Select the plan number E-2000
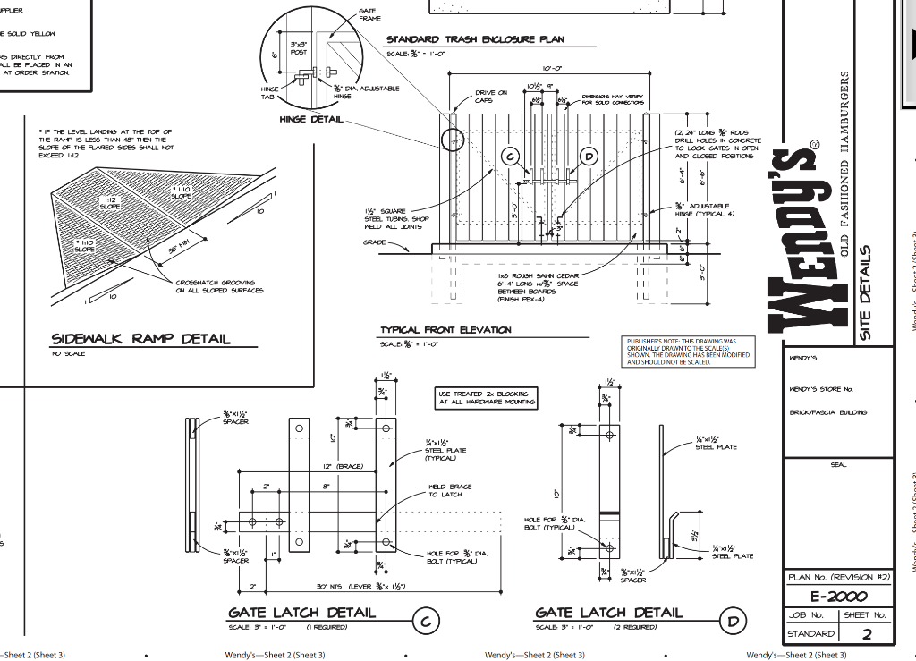click(838, 597)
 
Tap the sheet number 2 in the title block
click(866, 634)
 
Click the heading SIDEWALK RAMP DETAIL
click(140, 338)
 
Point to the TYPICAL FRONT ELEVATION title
click(445, 330)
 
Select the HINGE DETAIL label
click(310, 120)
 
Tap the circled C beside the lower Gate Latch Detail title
click(427, 620)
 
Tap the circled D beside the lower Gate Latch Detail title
click(734, 620)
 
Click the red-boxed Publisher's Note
click(682, 352)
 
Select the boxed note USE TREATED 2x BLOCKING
click(487, 398)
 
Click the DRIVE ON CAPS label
click(490, 97)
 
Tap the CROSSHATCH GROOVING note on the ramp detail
click(219, 286)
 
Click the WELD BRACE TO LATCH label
click(450, 490)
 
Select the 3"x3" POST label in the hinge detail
click(298, 48)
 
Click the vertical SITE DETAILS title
click(865, 292)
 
